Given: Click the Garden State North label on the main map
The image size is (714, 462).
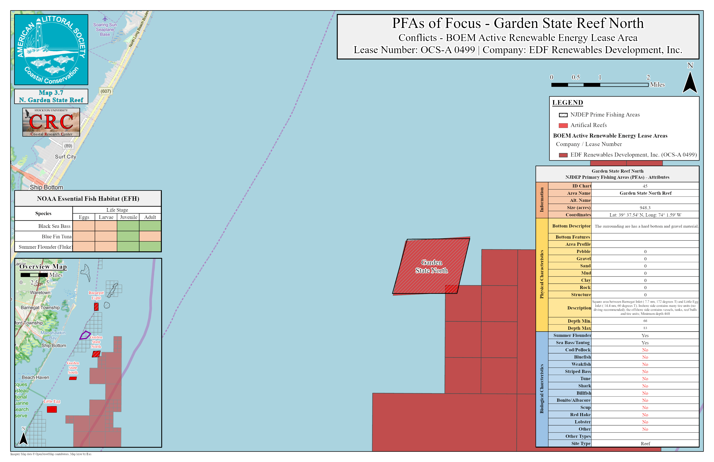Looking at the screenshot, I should coord(431,266).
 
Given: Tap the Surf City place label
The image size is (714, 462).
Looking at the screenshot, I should coord(65,157).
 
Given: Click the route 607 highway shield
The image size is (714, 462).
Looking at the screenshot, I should coord(106,91).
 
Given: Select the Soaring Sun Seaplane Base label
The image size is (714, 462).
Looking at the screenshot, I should coord(105,29).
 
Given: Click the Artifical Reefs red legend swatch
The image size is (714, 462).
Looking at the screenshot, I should coord(563,125).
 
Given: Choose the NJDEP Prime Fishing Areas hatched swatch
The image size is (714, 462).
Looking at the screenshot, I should coord(563,115).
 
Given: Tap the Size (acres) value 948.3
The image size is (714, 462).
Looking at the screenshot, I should coord(645,208).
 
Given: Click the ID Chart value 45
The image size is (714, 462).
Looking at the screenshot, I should coord(645,186).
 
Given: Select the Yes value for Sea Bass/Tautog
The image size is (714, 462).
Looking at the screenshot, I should coord(645,343).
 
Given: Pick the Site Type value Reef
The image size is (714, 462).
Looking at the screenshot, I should coord(645,443).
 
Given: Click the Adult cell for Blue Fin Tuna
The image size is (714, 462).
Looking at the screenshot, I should coord(150,236).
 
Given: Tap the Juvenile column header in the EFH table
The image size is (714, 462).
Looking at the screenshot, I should coord(128,217).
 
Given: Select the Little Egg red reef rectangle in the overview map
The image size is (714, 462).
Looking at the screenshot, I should coord(52,409).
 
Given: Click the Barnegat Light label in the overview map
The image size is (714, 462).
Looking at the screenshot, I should coord(96,295).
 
